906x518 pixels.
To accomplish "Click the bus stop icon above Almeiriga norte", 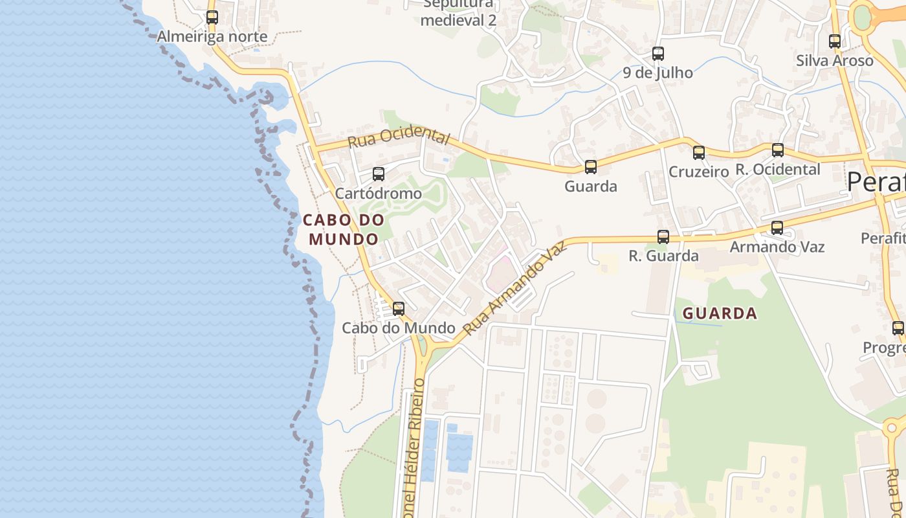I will [212, 17].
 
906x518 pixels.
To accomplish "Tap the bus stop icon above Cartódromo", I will [379, 174].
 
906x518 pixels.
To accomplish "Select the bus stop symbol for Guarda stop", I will [591, 167].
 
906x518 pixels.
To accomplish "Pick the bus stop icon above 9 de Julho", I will [658, 54].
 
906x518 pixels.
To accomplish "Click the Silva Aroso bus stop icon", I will [835, 41].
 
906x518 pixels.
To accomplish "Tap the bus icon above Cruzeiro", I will [699, 153].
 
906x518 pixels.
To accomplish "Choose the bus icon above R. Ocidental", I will [778, 150].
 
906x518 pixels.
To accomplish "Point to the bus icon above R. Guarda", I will [663, 237].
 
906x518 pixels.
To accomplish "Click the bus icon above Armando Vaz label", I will [777, 228].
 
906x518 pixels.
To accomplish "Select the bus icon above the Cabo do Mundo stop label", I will [399, 309].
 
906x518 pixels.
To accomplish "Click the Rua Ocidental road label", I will [399, 137].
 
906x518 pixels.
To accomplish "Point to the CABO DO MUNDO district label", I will [344, 229].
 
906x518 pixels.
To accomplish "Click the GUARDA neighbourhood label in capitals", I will [720, 313].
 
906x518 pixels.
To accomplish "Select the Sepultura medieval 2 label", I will [458, 13].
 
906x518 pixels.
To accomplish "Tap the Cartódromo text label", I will [379, 194].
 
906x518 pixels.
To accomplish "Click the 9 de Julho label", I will [658, 73].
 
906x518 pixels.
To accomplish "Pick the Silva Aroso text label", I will [835, 61].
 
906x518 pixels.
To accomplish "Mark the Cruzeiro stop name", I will [699, 172].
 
